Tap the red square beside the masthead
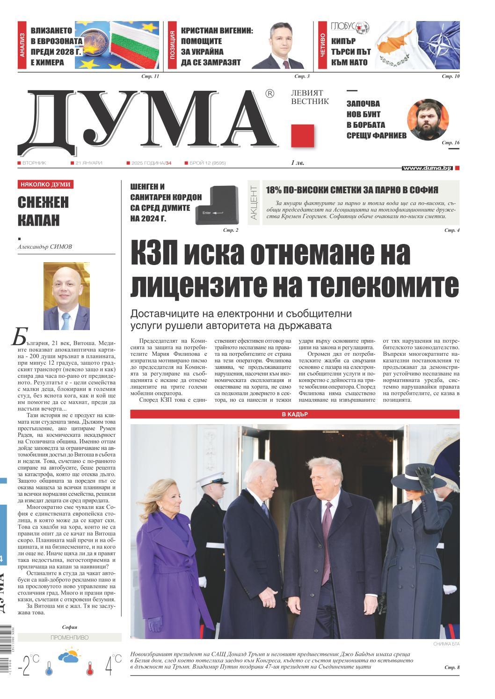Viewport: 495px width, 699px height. click(302, 136)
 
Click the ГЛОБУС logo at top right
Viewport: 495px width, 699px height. click(350, 27)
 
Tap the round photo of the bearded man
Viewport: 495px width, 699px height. click(429, 122)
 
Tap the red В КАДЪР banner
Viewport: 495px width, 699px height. click(295, 414)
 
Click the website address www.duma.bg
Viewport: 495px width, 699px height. click(427, 168)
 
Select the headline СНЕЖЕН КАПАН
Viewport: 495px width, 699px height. click(43, 211)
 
